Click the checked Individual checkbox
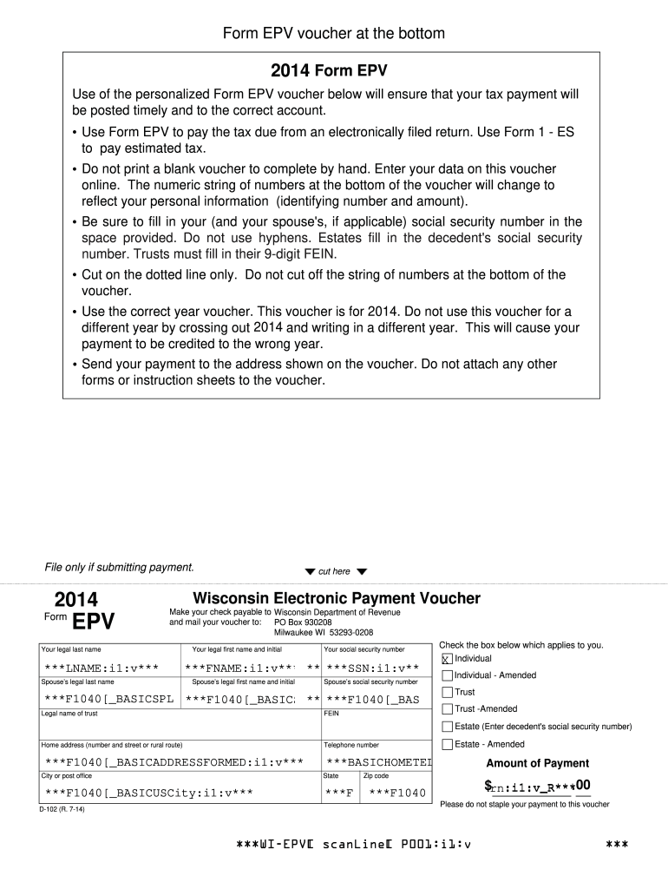[447, 659]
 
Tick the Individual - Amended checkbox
[447, 675]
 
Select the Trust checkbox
[447, 693]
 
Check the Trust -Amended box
[447, 709]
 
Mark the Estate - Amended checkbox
[447, 744]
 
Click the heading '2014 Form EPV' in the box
[329, 69]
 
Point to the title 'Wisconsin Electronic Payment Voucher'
[336, 598]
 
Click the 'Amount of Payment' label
[537, 763]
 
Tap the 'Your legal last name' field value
[102, 668]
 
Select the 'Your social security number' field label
[363, 649]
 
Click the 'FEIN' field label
[331, 714]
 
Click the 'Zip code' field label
[376, 775]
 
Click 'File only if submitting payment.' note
[119, 568]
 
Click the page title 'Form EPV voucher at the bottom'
[334, 34]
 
